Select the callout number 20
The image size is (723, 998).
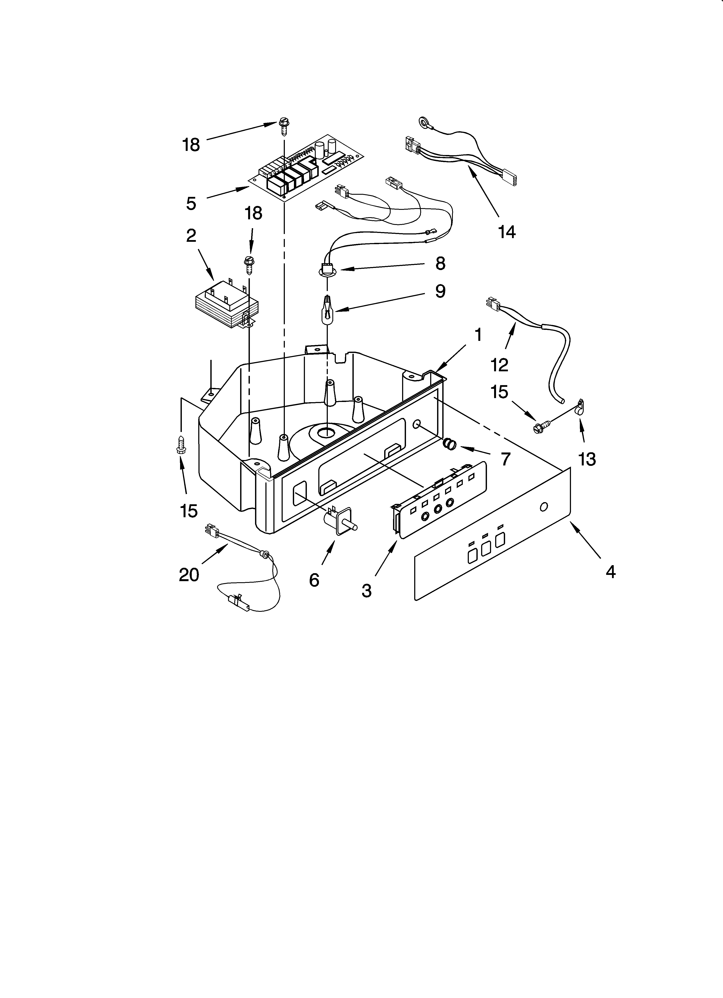tap(189, 575)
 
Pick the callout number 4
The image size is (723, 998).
tap(610, 572)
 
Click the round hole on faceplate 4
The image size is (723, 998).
tap(544, 507)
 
